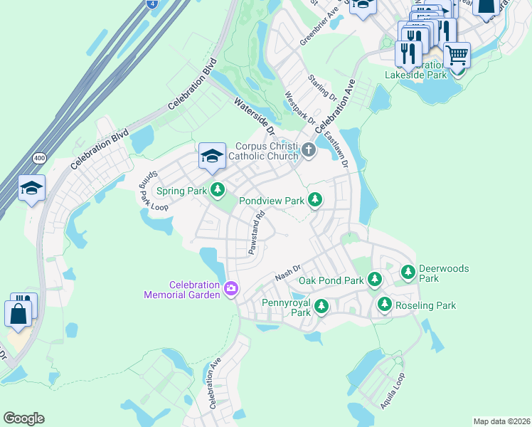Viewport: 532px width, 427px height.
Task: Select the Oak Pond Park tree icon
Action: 375,280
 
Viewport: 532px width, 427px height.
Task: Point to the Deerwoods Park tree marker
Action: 408,271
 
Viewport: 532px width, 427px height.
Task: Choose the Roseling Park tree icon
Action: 385,305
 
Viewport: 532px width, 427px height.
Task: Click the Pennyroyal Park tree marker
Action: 321,306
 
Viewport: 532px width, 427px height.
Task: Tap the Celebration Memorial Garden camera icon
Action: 230,288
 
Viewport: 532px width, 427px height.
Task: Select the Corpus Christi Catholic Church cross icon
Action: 309,149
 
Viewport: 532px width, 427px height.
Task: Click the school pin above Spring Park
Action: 212,157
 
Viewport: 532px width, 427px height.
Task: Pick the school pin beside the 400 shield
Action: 31,189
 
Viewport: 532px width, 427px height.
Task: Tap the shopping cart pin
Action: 457,54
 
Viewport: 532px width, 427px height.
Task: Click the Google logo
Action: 23,418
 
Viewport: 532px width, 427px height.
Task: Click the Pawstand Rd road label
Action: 256,231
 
